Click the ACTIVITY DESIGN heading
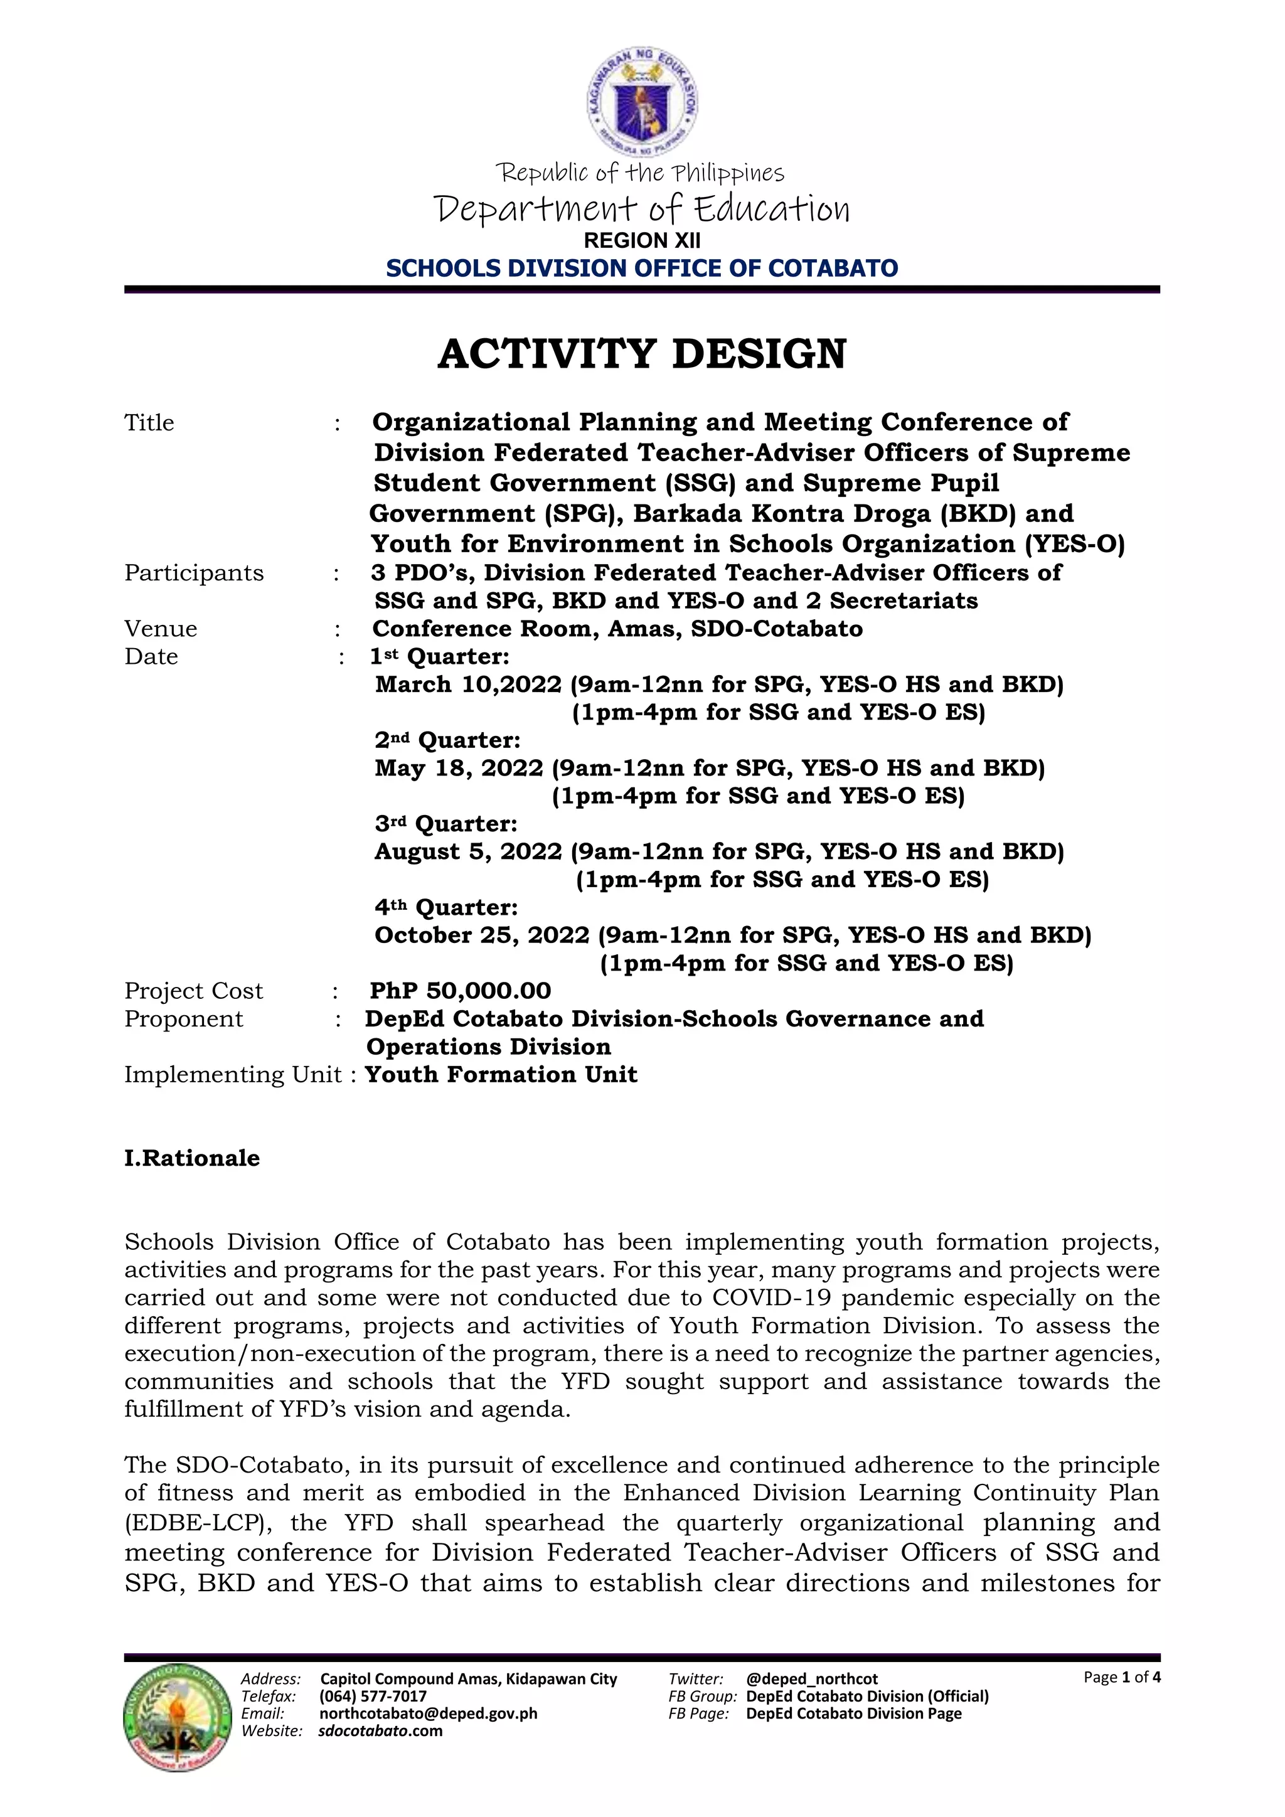coord(642,354)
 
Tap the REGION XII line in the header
coord(642,240)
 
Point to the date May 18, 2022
coord(459,769)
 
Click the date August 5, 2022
coord(469,852)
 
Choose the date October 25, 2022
coord(482,935)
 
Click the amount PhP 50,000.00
coord(461,991)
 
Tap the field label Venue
coord(161,629)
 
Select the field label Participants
coord(194,573)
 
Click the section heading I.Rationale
coord(191,1159)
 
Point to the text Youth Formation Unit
coord(501,1075)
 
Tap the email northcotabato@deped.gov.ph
coord(428,1713)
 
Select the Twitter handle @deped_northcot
coord(812,1678)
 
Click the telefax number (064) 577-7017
coord(373,1696)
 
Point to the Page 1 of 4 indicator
coord(1121,1677)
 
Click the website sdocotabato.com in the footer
coord(381,1731)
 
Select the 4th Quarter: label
coord(446,908)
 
